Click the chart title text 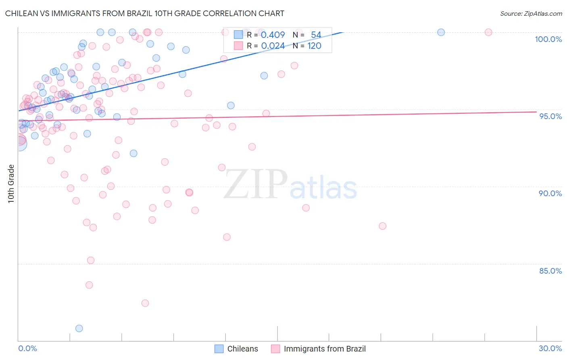click(x=144, y=13)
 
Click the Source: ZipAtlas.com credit click(x=531, y=13)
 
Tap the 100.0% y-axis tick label click(x=548, y=39)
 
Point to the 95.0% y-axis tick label click(x=550, y=116)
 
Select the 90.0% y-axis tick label click(x=550, y=193)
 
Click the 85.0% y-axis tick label click(x=550, y=271)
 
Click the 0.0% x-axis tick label click(x=27, y=348)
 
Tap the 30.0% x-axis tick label click(x=550, y=348)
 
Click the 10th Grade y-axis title click(x=11, y=184)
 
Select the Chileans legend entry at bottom click(x=236, y=349)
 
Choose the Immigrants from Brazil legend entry click(x=318, y=349)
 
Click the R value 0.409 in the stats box click(x=273, y=35)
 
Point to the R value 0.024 click(x=273, y=46)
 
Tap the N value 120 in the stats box click(x=315, y=46)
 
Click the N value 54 click(x=316, y=35)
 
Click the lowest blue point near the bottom click(x=79, y=329)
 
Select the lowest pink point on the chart click(x=145, y=303)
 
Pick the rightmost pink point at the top click(x=488, y=32)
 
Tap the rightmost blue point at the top click(x=441, y=32)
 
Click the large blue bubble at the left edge click(x=20, y=143)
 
